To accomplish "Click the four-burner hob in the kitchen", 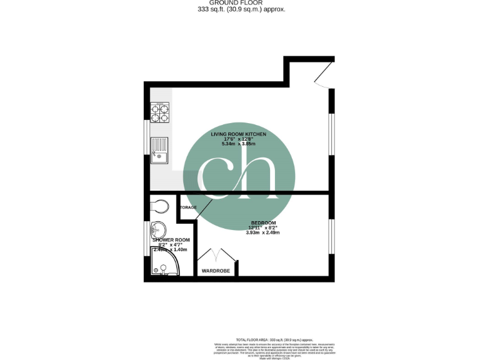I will click(160, 111).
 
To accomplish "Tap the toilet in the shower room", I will click(161, 206).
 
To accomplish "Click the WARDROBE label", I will click(216, 271).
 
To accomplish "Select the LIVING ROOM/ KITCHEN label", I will click(239, 134).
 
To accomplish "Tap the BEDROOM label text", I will click(264, 223).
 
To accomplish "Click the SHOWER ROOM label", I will click(170, 240).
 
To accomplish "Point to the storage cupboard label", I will click(188, 207).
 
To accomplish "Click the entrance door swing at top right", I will click(324, 77).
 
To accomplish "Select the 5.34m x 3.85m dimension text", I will click(239, 144).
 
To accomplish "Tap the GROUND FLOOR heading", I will click(239, 3).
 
